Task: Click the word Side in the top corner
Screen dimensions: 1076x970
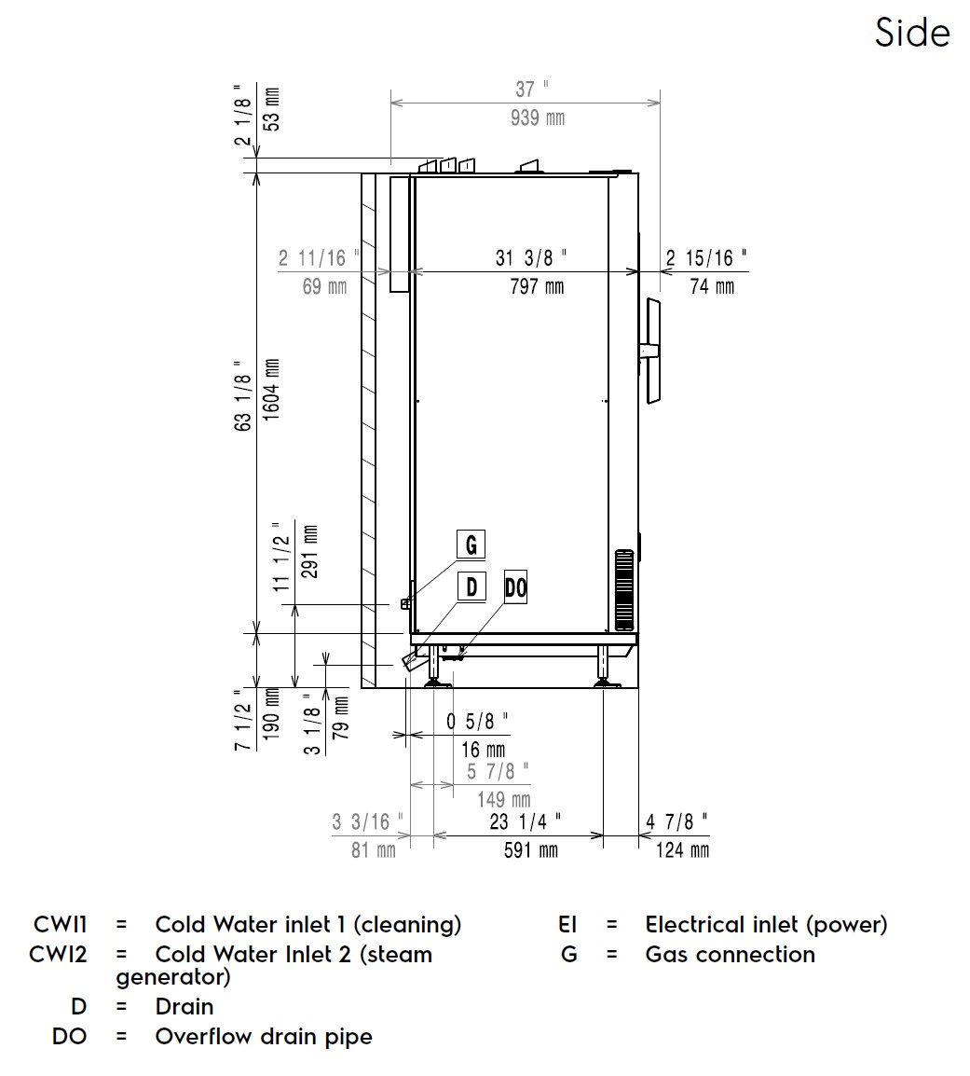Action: click(911, 34)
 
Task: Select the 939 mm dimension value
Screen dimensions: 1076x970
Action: click(538, 118)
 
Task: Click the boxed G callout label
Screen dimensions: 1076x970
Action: click(471, 544)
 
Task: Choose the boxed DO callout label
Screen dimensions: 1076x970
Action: click(515, 587)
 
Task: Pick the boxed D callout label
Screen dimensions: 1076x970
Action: click(471, 586)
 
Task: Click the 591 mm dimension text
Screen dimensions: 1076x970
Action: click(530, 849)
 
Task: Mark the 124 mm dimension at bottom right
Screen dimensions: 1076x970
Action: click(682, 849)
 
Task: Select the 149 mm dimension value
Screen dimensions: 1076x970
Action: click(503, 799)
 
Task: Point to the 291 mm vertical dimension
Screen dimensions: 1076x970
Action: click(311, 553)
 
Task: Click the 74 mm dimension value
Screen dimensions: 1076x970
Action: click(711, 286)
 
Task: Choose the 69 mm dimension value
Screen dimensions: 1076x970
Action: click(324, 286)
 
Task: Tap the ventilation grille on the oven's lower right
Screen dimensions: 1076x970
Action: click(623, 588)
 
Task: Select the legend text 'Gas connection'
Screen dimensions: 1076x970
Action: click(730, 955)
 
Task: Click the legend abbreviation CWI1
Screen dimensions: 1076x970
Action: click(61, 925)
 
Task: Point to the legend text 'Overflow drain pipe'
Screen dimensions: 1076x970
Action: click(264, 1037)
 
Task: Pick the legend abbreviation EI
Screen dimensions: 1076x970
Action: click(568, 925)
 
